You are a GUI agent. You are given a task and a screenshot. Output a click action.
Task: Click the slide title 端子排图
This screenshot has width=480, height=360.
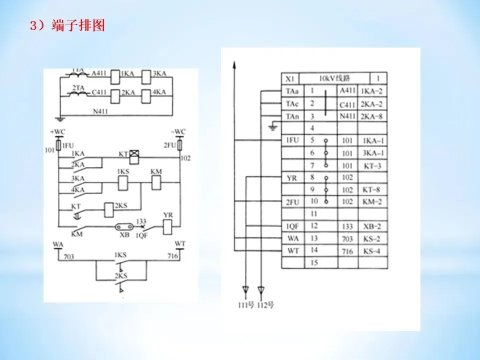[78, 26]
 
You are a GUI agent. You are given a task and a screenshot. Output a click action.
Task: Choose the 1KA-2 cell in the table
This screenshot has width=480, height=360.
[372, 91]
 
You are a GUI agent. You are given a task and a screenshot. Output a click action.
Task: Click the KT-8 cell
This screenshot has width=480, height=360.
[372, 190]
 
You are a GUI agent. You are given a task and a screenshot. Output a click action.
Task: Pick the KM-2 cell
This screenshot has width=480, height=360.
[372, 202]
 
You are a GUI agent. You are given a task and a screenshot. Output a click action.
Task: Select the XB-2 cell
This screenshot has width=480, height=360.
[372, 226]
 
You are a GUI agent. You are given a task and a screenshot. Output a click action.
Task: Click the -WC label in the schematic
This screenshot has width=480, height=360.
[177, 131]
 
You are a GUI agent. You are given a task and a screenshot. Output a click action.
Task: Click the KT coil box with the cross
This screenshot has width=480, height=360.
[133, 156]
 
